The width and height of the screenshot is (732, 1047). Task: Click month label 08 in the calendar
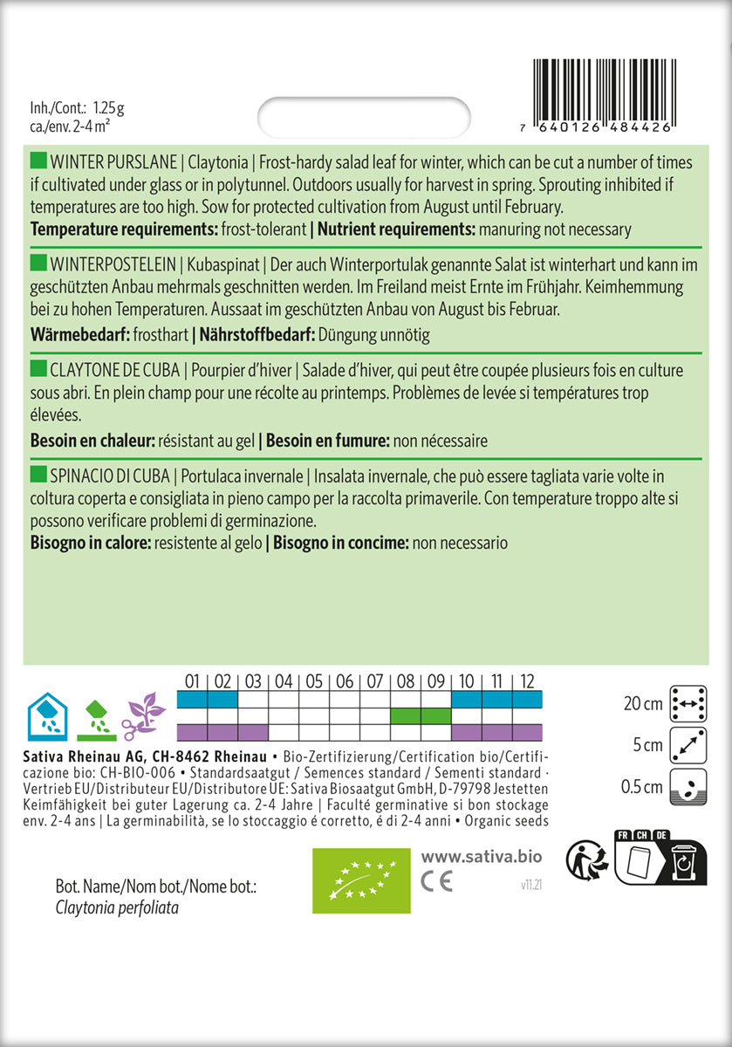tap(406, 681)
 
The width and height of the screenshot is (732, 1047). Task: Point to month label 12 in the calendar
tap(527, 681)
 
